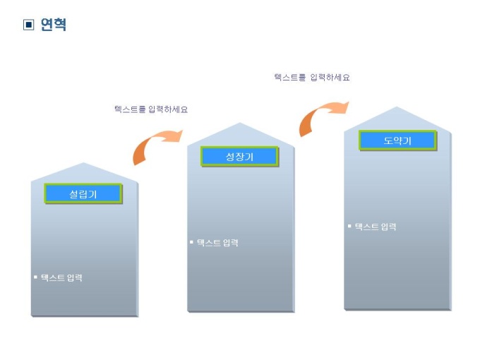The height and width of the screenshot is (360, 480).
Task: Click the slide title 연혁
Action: [54, 25]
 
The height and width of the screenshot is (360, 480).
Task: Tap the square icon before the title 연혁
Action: [29, 25]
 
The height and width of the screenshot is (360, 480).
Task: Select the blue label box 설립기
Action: [83, 193]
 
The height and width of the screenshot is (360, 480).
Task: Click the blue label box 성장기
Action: [239, 156]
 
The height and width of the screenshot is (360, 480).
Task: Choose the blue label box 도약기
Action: [397, 140]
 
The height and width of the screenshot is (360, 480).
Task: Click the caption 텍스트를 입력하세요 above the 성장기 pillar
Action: [151, 109]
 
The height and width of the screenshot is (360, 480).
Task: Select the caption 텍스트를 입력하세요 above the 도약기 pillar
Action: [312, 78]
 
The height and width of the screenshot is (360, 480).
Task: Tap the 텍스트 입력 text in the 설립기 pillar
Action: [61, 277]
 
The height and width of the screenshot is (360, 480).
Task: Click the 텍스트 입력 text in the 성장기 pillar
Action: [217, 243]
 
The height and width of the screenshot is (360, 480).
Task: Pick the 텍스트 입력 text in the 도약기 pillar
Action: [376, 227]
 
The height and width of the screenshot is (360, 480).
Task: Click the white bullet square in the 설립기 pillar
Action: [35, 277]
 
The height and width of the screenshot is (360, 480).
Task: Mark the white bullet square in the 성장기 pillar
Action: [191, 242]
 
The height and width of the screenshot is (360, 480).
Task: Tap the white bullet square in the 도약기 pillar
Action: [349, 226]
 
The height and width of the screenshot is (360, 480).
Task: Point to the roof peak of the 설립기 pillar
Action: [84, 164]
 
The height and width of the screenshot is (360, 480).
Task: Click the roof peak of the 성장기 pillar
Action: [240, 124]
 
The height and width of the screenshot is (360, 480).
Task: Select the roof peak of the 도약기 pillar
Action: [397, 107]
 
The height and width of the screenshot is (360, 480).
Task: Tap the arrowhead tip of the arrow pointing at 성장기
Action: [182, 133]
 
